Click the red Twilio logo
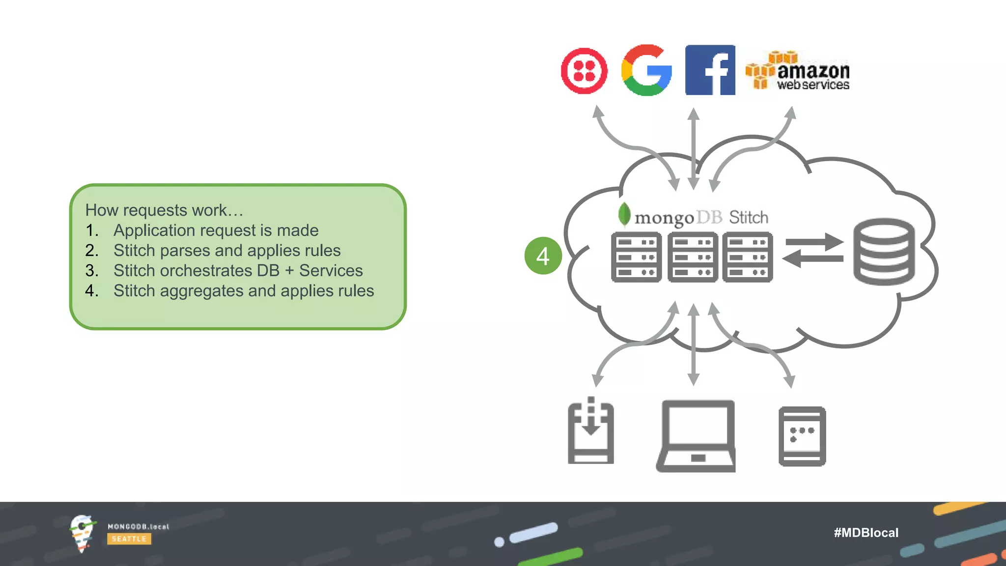[584, 71]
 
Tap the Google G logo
[646, 70]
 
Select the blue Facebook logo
[710, 70]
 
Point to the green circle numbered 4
[543, 256]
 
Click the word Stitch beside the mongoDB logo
[749, 217]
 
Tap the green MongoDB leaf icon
[624, 214]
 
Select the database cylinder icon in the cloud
[884, 252]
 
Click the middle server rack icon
[693, 257]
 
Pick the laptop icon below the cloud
[696, 436]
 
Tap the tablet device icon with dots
[802, 436]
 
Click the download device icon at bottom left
[591, 432]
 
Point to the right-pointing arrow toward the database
[814, 242]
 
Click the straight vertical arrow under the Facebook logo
[693, 147]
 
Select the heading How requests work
[164, 210]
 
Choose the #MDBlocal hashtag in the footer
[866, 533]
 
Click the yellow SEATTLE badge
[129, 539]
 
